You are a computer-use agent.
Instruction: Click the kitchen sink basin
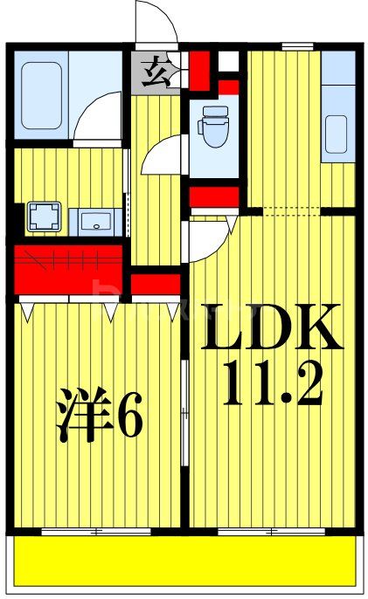(337, 132)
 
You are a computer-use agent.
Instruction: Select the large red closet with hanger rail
(70, 267)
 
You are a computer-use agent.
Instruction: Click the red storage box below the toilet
(214, 194)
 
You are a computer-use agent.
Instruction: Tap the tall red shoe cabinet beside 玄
(199, 71)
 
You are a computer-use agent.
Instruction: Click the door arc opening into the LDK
(210, 234)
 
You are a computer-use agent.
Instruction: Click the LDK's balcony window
(271, 530)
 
